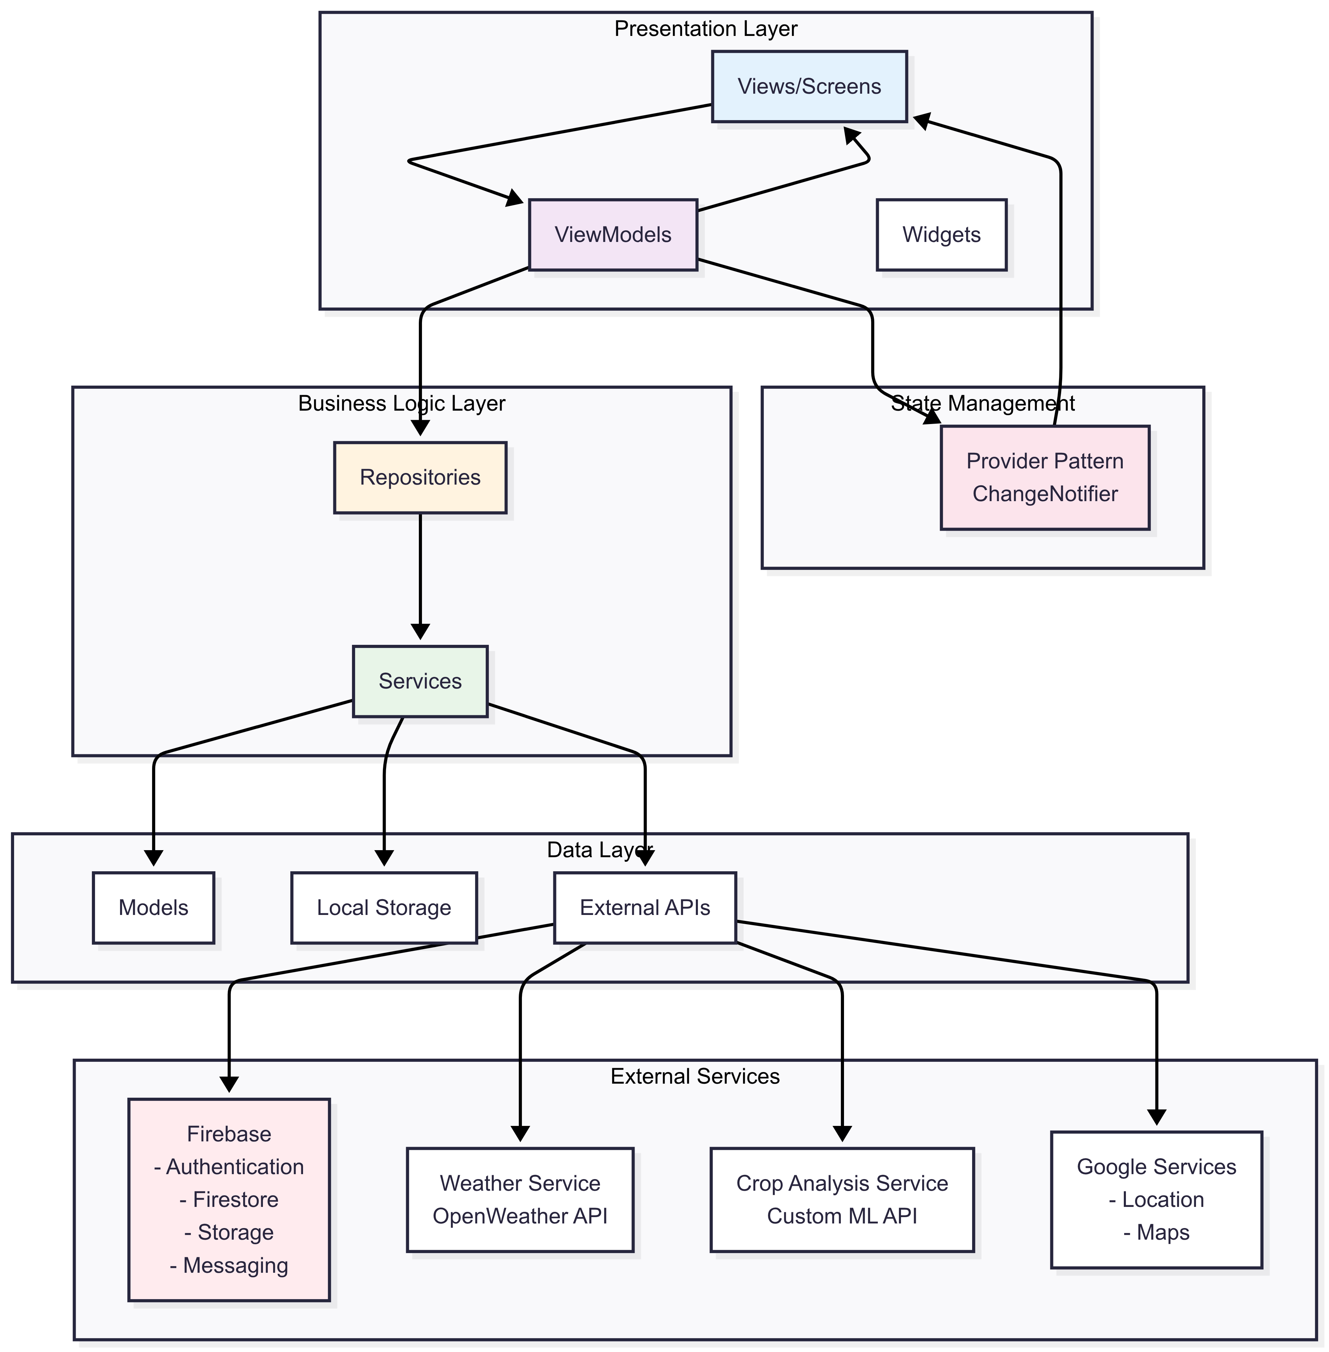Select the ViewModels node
(613, 235)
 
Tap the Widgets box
(941, 235)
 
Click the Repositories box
(420, 478)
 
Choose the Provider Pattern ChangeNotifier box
(1045, 478)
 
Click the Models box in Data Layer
(153, 908)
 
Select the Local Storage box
(384, 908)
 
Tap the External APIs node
(645, 908)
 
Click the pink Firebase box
(229, 1200)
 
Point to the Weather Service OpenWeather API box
(520, 1200)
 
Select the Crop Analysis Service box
(842, 1200)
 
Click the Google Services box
(1157, 1200)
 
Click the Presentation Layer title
(706, 29)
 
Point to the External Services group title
(695, 1076)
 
